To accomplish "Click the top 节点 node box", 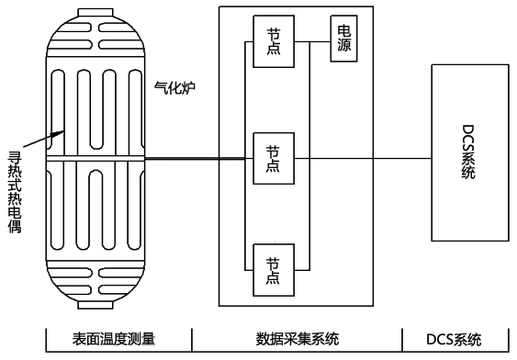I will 273,40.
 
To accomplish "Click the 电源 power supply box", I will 345,38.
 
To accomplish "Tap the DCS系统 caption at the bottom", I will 455,339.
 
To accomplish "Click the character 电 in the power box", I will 345,28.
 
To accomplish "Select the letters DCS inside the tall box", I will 468,139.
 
